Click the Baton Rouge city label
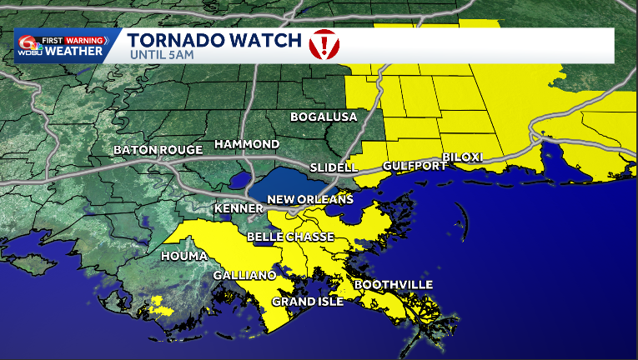click(x=158, y=150)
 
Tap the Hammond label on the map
click(x=247, y=144)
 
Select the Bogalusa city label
click(x=323, y=117)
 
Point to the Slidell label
click(x=334, y=167)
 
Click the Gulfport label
click(x=410, y=167)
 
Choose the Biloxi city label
click(x=462, y=157)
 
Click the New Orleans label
click(x=310, y=199)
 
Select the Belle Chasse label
click(x=290, y=237)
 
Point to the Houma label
click(x=183, y=255)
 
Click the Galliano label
click(x=244, y=275)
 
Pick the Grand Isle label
click(x=308, y=302)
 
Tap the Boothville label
click(x=394, y=285)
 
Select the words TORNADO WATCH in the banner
click(x=213, y=39)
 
